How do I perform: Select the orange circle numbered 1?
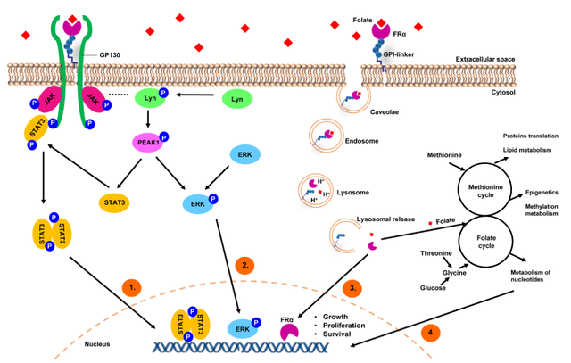pyautogui.click(x=131, y=288)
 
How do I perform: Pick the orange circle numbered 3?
pyautogui.click(x=354, y=288)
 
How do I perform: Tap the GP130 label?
pyautogui.click(x=110, y=55)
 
